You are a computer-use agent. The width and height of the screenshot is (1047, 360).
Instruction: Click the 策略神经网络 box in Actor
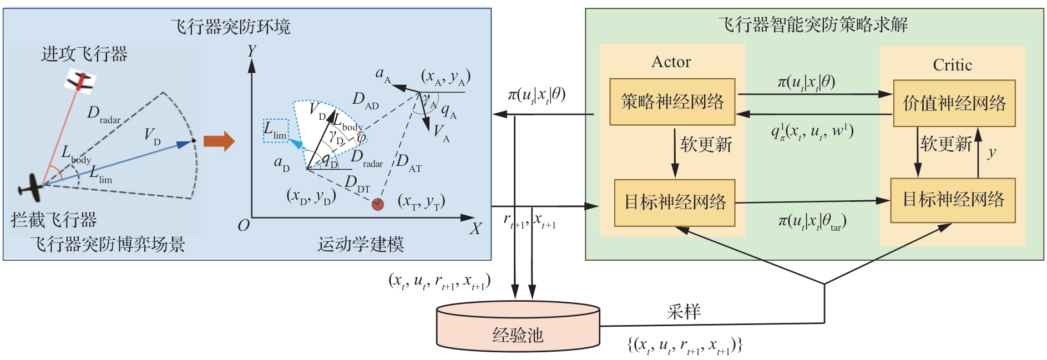pyautogui.click(x=672, y=102)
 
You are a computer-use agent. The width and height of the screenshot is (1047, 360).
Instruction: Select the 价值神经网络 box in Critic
pyautogui.click(x=954, y=103)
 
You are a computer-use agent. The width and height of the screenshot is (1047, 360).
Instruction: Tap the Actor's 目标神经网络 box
pyautogui.click(x=675, y=202)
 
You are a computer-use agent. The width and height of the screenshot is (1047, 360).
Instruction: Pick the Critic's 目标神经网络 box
pyautogui.click(x=953, y=200)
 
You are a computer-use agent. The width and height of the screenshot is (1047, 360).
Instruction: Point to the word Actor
pyautogui.click(x=671, y=62)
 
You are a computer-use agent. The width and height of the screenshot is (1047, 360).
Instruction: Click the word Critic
pyautogui.click(x=952, y=65)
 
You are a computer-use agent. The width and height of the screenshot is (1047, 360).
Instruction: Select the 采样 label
pyautogui.click(x=683, y=312)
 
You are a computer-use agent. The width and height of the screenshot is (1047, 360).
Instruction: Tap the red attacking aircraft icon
pyautogui.click(x=82, y=80)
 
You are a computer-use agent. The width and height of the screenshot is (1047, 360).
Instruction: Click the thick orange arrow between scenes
pyautogui.click(x=219, y=141)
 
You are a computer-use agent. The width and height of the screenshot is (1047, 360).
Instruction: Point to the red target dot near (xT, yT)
pyautogui.click(x=378, y=204)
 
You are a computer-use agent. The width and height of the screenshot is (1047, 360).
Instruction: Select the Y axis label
pyautogui.click(x=251, y=51)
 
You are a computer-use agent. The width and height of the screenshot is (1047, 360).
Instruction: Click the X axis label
pyautogui.click(x=476, y=229)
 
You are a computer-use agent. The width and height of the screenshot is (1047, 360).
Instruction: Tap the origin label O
pyautogui.click(x=244, y=225)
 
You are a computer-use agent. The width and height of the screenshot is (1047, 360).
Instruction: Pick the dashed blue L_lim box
pyautogui.click(x=276, y=131)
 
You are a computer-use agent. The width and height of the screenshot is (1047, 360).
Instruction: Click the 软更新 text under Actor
pyautogui.click(x=706, y=145)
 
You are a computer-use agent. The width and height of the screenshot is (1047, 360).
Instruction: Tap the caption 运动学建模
pyautogui.click(x=360, y=244)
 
